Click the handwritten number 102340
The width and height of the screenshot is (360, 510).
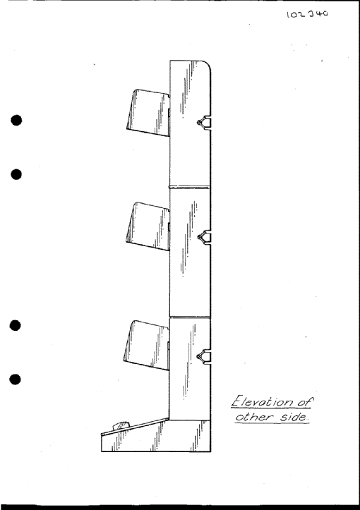pos(307,14)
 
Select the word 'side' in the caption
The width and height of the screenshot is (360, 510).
pos(294,417)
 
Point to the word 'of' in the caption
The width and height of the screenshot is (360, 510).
pos(304,401)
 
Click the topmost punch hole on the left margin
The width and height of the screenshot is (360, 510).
pos(16,121)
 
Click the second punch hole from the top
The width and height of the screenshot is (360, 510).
pos(16,174)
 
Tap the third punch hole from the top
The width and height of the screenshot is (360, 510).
pos(16,326)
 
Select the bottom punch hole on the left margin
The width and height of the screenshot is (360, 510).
pos(16,380)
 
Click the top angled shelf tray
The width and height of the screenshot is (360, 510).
pos(149,112)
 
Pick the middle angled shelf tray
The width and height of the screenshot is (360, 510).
pos(148,226)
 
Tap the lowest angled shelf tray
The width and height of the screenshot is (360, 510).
pos(147,345)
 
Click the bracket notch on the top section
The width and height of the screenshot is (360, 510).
pos(204,123)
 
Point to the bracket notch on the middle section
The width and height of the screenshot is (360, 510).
pos(204,237)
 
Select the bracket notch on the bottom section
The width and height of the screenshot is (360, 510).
pos(204,356)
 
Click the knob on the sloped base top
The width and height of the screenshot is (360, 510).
pos(121,425)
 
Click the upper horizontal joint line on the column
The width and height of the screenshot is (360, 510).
pos(189,187)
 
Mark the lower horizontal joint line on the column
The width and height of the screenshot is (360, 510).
pos(190,317)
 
